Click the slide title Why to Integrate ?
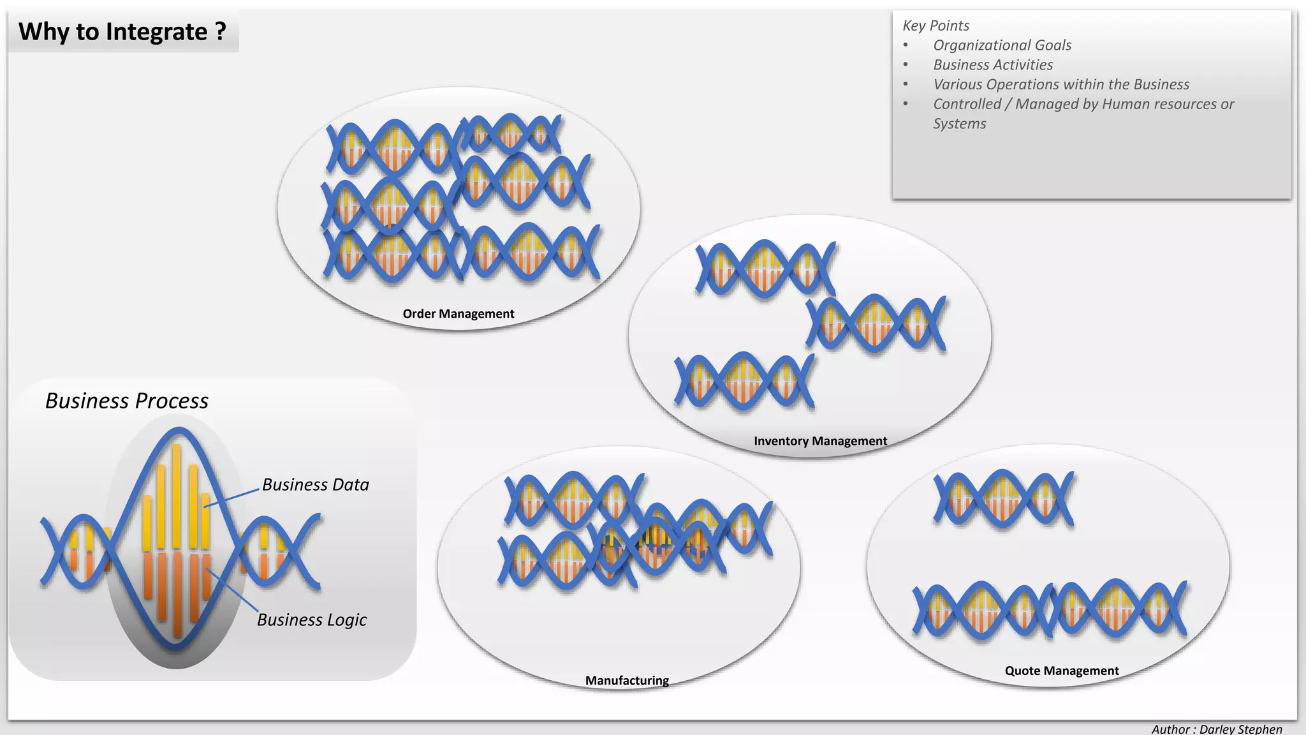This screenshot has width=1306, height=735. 122,31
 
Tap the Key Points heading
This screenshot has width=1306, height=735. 935,26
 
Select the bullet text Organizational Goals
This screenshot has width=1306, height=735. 1002,45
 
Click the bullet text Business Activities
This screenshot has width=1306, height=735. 993,65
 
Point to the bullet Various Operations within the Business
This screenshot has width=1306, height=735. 1061,84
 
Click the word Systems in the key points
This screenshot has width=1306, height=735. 959,124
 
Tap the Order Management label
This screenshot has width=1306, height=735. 458,314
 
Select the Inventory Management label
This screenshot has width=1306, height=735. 820,441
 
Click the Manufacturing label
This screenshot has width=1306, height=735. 627,680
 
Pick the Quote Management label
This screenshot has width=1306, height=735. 1062,671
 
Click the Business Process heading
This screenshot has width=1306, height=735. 127,401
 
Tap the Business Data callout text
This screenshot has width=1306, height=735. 316,485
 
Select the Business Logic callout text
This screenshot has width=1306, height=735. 312,620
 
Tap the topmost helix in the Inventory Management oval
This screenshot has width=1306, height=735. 765,269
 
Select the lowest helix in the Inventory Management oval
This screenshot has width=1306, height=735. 744,380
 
